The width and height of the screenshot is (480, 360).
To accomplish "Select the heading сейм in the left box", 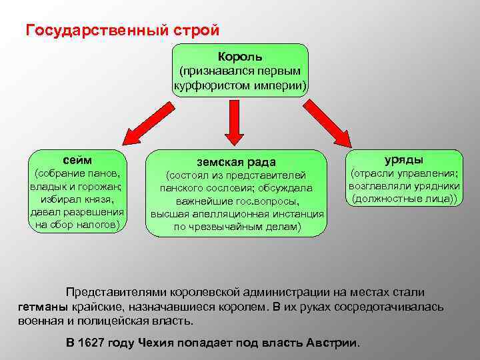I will (77, 159).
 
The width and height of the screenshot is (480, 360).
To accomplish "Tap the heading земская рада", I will (236, 161).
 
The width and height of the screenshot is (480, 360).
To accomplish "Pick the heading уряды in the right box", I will (404, 159).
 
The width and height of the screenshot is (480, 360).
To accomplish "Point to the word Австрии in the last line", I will (332, 343).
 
